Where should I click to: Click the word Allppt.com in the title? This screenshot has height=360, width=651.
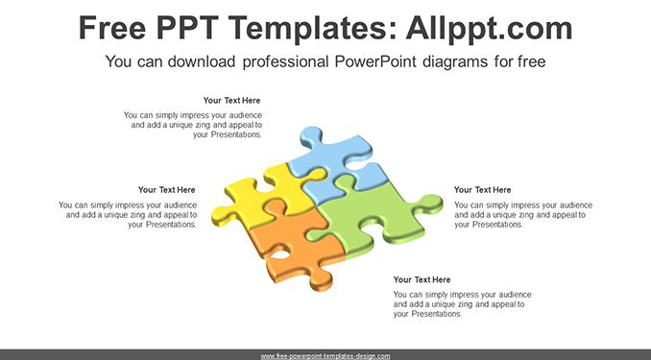489,29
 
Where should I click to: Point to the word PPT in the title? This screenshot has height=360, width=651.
188,28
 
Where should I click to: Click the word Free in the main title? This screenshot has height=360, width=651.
112,28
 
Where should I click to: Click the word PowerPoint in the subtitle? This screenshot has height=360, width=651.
375,61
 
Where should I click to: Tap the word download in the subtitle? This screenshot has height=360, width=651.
202,61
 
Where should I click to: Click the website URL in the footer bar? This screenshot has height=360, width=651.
325,356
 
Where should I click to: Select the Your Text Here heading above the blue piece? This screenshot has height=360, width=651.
231,101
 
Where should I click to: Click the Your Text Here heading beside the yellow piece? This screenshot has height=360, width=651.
166,190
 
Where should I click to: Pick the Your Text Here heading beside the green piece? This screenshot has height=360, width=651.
482,190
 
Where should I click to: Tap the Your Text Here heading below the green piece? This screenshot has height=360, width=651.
422,280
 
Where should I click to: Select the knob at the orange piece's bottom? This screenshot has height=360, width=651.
320,281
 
